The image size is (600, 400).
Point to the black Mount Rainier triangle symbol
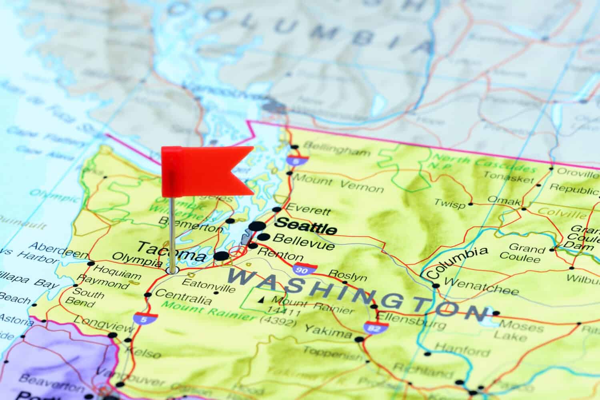pos(262,299)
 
